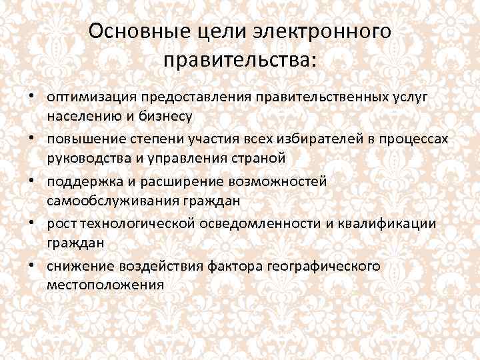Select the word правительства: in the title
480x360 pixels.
point(239,61)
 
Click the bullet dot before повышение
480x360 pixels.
point(31,138)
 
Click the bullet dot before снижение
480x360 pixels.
point(31,265)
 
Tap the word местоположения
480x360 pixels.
point(105,285)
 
